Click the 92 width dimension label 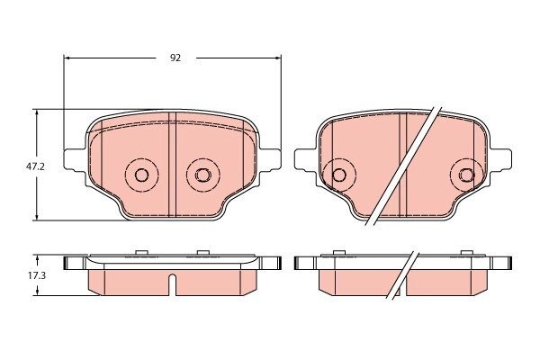pyautogui.click(x=175, y=58)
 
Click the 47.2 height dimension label pyautogui.click(x=35, y=166)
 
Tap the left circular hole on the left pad pyautogui.click(x=141, y=175)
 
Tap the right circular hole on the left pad pyautogui.click(x=202, y=175)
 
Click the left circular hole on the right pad pyautogui.click(x=339, y=175)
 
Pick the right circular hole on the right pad pyautogui.click(x=467, y=175)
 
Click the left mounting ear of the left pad pyautogui.click(x=74, y=159)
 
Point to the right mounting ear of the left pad pyautogui.click(x=270, y=159)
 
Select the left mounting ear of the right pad pyautogui.click(x=305, y=159)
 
